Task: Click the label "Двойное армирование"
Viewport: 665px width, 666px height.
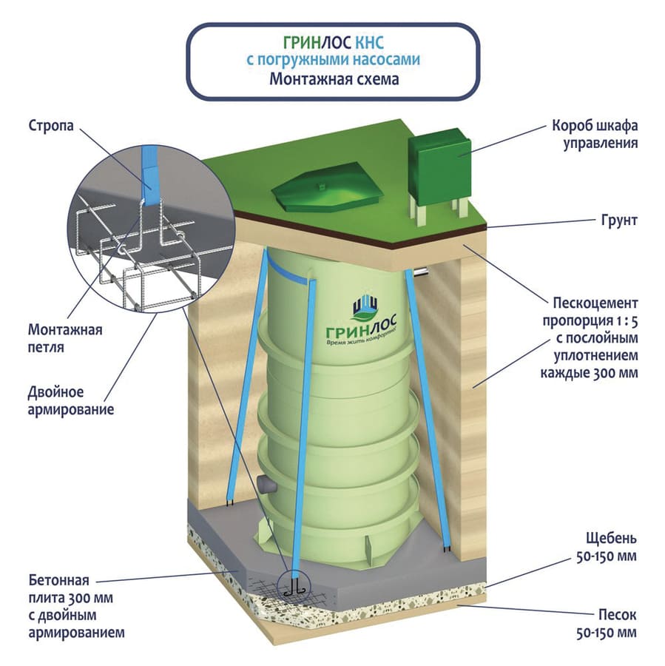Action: pyautogui.click(x=65, y=399)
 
